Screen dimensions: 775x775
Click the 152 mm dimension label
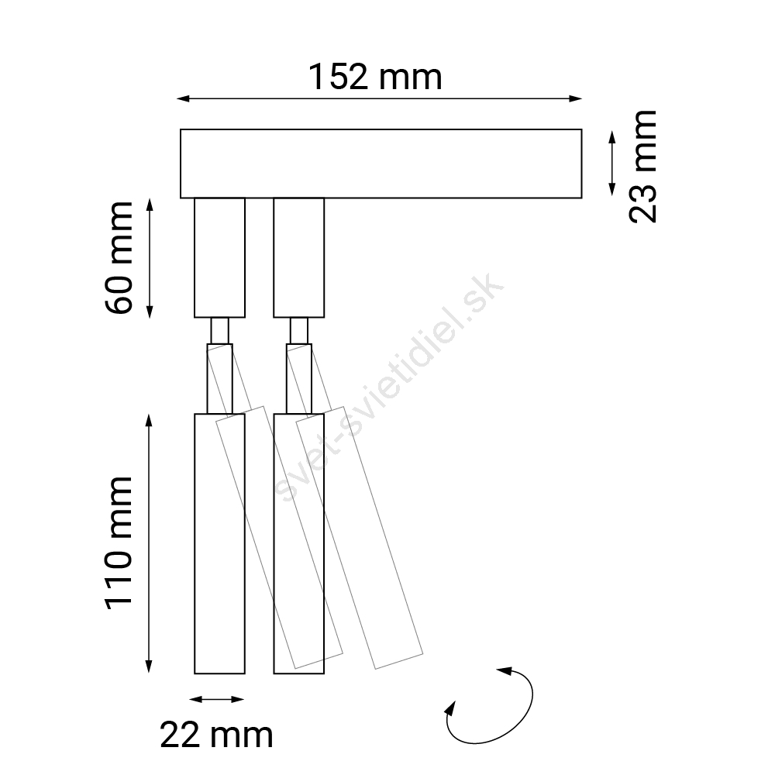375,77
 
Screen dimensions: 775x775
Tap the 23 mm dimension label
643,167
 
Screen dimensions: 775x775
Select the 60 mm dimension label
119,257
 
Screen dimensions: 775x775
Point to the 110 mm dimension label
119,543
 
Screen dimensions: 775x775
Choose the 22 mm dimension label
216,735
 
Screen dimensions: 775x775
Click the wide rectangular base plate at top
381,164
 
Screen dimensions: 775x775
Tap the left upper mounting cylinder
219,257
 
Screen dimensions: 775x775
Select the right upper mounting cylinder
299,257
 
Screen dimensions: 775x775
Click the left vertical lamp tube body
219,543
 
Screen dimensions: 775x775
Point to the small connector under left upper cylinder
219,330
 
